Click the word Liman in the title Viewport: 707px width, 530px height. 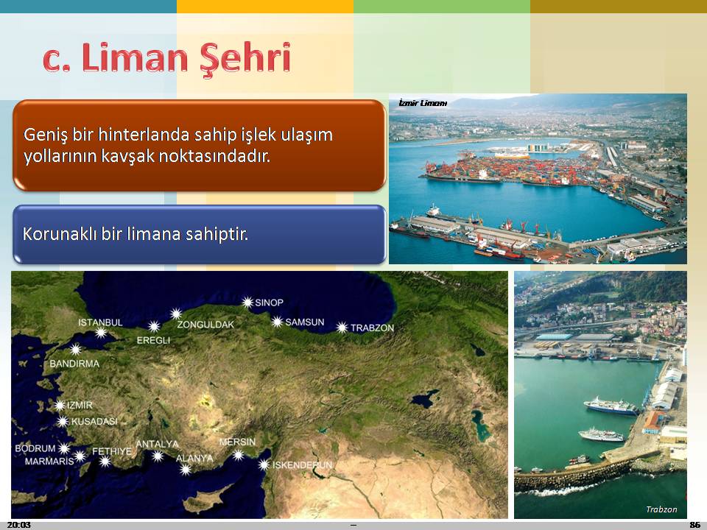click(x=134, y=57)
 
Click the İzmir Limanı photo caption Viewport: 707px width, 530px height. click(x=423, y=103)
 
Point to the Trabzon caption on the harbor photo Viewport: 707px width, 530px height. click(x=661, y=509)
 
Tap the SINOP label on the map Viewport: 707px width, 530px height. click(x=270, y=303)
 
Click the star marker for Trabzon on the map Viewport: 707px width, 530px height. click(x=342, y=328)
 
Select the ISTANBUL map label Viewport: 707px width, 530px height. click(x=101, y=322)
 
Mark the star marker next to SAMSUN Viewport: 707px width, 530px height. click(x=277, y=322)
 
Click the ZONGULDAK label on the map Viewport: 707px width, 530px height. click(x=205, y=325)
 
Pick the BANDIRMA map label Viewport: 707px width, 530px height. click(x=74, y=364)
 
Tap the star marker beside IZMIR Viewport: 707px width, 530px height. click(x=60, y=405)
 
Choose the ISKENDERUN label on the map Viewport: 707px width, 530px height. click(x=302, y=464)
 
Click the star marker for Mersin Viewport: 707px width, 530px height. click(x=238, y=455)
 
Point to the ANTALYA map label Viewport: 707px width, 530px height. click(x=158, y=444)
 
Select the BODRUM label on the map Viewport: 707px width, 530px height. click(x=35, y=448)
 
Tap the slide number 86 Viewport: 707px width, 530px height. click(x=694, y=525)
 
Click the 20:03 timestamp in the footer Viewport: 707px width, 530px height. click(x=19, y=525)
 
